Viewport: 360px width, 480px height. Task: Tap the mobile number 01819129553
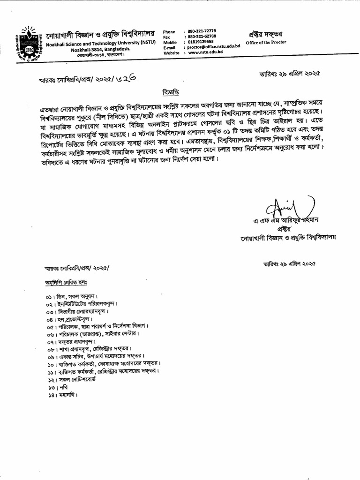coord(200,42)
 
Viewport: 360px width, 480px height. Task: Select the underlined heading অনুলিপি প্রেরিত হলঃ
coord(66,283)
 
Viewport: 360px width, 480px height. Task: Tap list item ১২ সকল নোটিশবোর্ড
coord(71,379)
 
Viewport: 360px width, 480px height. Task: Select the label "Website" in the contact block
coord(171,53)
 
